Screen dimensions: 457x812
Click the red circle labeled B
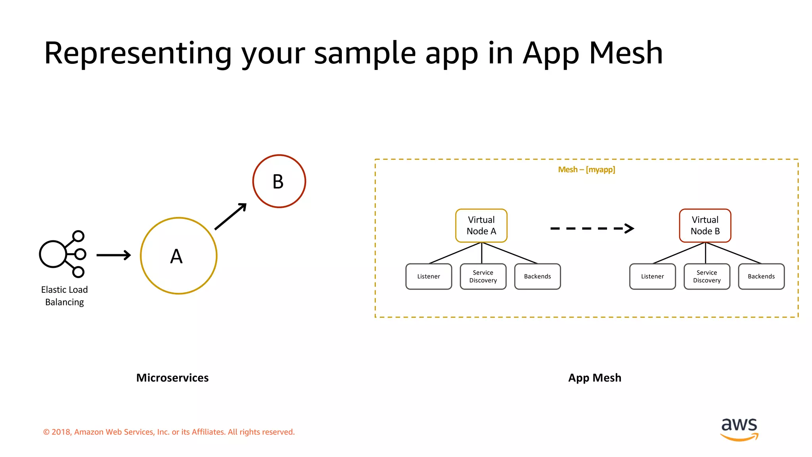click(x=279, y=181)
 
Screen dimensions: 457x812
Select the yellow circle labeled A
click(x=178, y=256)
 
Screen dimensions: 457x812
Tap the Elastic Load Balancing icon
click(x=63, y=254)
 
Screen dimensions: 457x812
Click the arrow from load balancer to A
click(x=113, y=255)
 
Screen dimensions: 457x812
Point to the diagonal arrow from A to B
click(x=230, y=217)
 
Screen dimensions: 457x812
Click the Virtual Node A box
click(x=481, y=225)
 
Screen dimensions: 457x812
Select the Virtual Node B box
click(x=705, y=225)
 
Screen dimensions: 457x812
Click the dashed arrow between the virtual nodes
click(x=592, y=228)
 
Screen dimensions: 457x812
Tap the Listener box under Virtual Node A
click(x=429, y=277)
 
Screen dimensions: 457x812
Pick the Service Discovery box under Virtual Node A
click(x=483, y=277)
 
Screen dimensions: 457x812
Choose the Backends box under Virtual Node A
click(x=537, y=277)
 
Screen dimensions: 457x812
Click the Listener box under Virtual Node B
click(x=652, y=277)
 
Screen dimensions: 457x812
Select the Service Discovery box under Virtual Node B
click(x=707, y=277)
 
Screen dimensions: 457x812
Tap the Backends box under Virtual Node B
click(x=761, y=277)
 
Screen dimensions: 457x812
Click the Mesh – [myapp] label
click(x=586, y=170)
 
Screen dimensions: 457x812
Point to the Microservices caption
click(x=172, y=378)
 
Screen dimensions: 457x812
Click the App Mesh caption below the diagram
click(x=594, y=378)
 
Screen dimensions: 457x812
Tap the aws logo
click(x=739, y=428)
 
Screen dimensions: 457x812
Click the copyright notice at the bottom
click(x=169, y=432)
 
